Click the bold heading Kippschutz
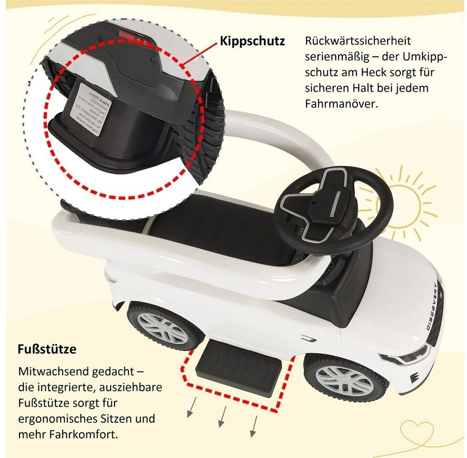(252, 42)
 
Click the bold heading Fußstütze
(47, 349)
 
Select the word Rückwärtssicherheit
(358, 41)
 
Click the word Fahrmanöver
(341, 104)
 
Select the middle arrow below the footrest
(222, 418)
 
